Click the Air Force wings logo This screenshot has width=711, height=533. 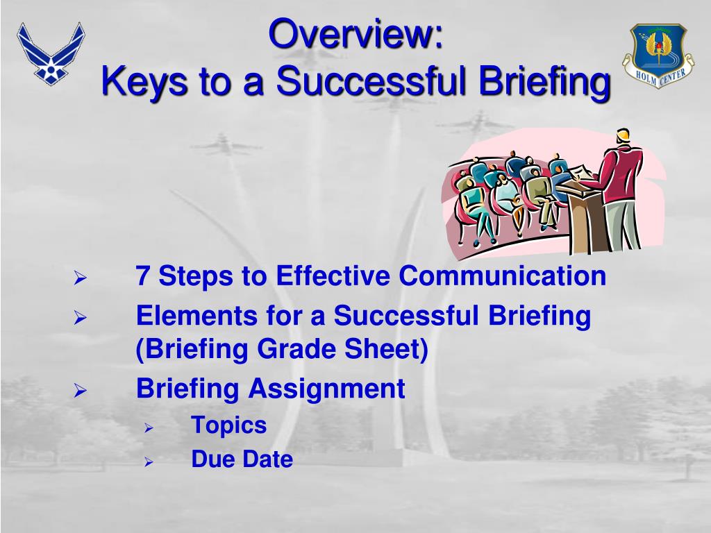point(51,53)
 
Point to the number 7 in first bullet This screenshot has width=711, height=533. point(144,276)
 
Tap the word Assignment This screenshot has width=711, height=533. point(326,389)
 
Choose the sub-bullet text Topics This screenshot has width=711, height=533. point(228,425)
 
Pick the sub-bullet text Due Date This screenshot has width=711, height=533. point(242,459)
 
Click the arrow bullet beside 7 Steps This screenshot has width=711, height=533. point(80,279)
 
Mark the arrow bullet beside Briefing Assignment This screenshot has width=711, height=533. point(80,391)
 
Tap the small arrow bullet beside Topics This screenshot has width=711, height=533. point(148,428)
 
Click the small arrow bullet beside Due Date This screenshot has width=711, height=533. point(148,462)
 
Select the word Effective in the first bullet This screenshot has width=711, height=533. point(333,276)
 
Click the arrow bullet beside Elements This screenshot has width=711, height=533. point(80,319)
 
